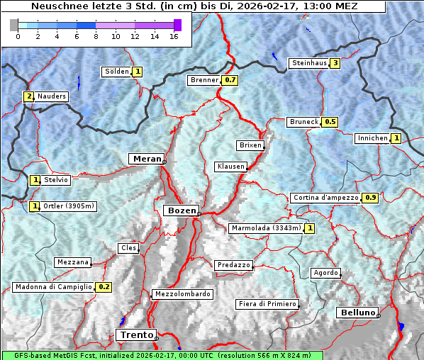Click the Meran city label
coord(146,158)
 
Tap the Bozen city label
coord(180,210)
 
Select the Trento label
coord(135,334)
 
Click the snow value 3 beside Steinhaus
coord(335,63)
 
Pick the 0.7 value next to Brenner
coord(230,80)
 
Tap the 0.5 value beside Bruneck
coord(330,122)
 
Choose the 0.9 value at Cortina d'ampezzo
coord(370,198)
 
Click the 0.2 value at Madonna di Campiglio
coord(104,287)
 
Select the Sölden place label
coord(117,72)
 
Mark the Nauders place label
coord(52,96)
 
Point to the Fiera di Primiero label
coord(267,304)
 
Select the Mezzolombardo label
coord(182,294)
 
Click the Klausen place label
coord(230,167)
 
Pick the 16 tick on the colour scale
coord(174,36)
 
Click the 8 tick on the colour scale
coord(95,36)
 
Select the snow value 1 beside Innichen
coord(396,138)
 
